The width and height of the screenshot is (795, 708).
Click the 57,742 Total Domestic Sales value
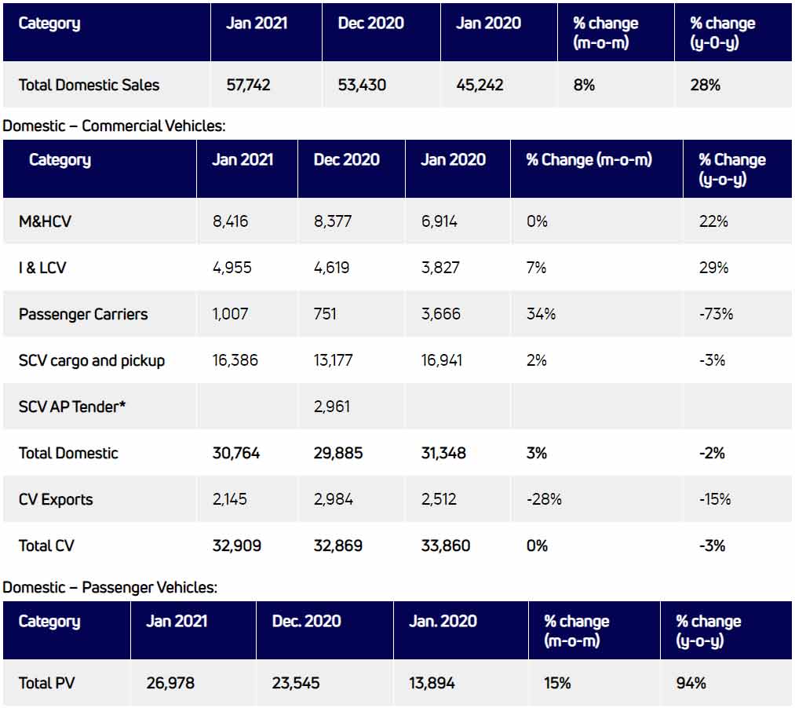click(x=248, y=85)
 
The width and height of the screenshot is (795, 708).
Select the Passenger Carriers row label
click(x=83, y=314)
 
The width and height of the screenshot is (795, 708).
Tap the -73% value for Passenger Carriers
click(x=716, y=314)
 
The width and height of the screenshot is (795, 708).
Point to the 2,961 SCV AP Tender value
click(x=332, y=407)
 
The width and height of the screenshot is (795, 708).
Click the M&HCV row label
click(x=45, y=221)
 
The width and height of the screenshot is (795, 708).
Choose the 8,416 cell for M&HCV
click(x=230, y=221)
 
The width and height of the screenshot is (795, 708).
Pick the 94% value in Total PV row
click(x=691, y=683)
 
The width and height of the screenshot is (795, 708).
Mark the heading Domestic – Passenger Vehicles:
click(x=110, y=587)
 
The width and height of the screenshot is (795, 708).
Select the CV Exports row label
click(x=56, y=499)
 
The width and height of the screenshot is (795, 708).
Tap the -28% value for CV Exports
click(x=544, y=499)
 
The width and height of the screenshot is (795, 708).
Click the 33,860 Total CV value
click(x=445, y=546)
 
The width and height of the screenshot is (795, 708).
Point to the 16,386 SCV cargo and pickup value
click(x=235, y=360)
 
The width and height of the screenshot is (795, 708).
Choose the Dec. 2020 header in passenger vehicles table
click(x=306, y=621)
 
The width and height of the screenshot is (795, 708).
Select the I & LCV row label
click(x=42, y=268)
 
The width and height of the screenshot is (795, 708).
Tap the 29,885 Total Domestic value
click(x=338, y=453)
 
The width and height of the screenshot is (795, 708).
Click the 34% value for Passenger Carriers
click(x=541, y=314)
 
